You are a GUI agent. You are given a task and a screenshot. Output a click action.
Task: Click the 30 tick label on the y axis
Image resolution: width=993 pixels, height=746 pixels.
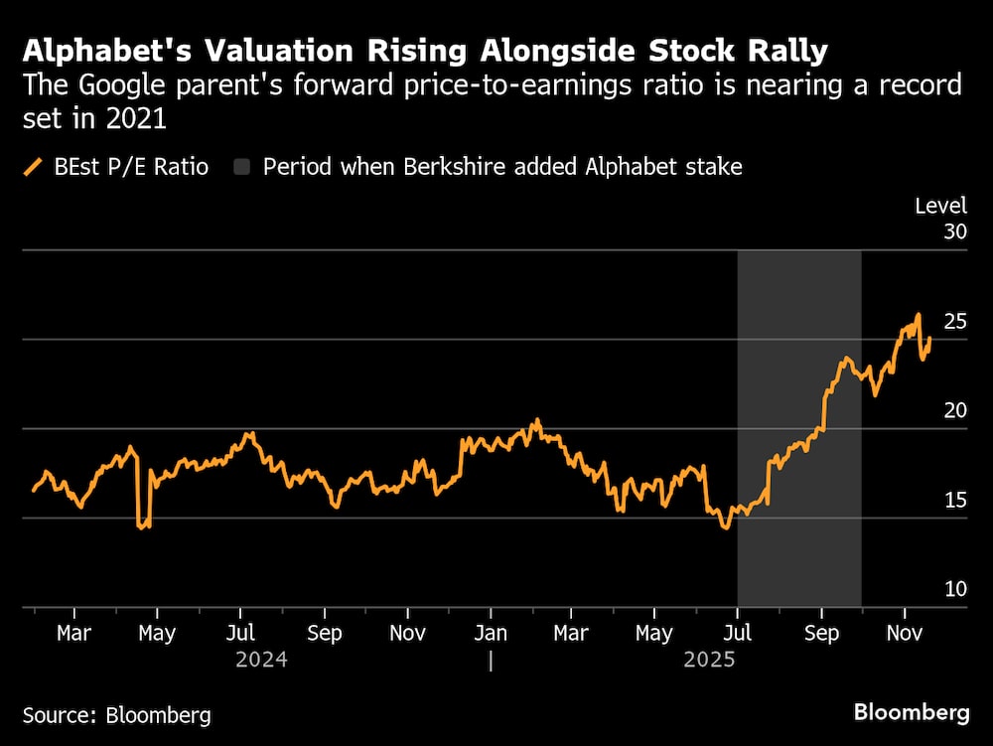coord(955,231)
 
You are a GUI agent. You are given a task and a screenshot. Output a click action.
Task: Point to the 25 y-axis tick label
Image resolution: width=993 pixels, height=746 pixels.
coord(955,321)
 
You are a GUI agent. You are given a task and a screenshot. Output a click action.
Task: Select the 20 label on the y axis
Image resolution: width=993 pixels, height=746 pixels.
coord(955,410)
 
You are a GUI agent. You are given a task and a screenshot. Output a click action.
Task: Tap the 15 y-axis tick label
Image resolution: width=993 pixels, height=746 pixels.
coord(955,500)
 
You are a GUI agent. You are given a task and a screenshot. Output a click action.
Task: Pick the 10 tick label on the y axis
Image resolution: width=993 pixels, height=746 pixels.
coord(955,589)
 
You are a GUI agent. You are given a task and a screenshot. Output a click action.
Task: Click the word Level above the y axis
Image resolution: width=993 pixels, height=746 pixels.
coord(940,206)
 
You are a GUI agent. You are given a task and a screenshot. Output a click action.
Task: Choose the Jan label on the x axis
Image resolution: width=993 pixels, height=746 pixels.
coord(491,633)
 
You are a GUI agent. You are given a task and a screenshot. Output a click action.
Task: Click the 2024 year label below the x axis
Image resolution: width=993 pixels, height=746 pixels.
coord(261,659)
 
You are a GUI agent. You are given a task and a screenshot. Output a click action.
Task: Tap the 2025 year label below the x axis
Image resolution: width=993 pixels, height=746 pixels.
coord(709,659)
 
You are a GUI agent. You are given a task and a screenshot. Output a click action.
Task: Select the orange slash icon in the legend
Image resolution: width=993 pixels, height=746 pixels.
coord(33,167)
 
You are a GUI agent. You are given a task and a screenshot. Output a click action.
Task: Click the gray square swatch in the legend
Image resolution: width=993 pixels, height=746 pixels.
coord(242,167)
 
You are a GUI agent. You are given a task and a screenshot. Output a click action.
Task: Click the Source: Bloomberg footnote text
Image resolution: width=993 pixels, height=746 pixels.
coord(116,714)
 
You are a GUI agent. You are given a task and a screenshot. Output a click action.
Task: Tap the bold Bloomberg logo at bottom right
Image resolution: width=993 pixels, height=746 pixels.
coord(912,712)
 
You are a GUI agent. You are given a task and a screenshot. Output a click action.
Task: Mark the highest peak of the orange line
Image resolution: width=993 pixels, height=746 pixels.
coord(919,315)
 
